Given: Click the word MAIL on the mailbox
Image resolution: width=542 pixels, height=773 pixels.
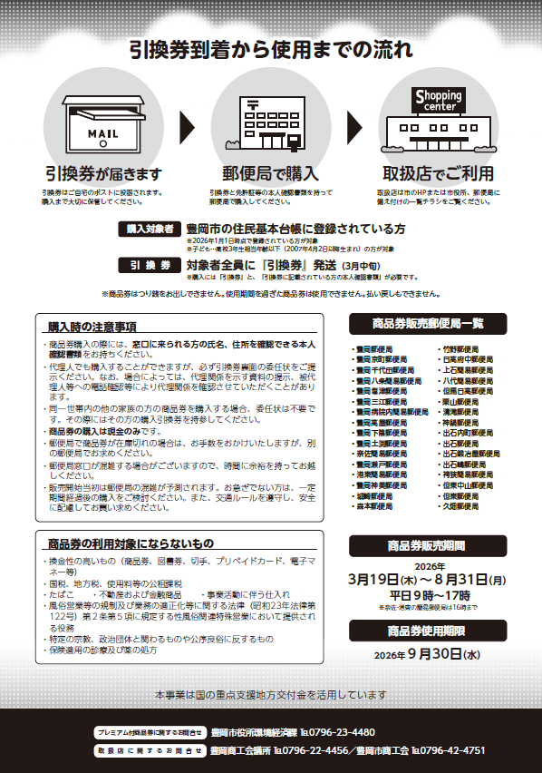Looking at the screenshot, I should point(102,133).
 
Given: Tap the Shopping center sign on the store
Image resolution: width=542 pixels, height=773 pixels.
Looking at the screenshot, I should point(438,99).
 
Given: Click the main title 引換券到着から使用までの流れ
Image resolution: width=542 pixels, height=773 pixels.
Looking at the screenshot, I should point(270,50).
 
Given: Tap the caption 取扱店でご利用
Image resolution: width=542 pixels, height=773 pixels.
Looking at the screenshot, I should point(438,173).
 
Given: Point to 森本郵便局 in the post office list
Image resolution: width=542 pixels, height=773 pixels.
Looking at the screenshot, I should point(374,507).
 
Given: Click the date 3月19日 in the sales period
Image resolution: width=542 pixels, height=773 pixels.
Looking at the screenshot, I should point(371,577).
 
